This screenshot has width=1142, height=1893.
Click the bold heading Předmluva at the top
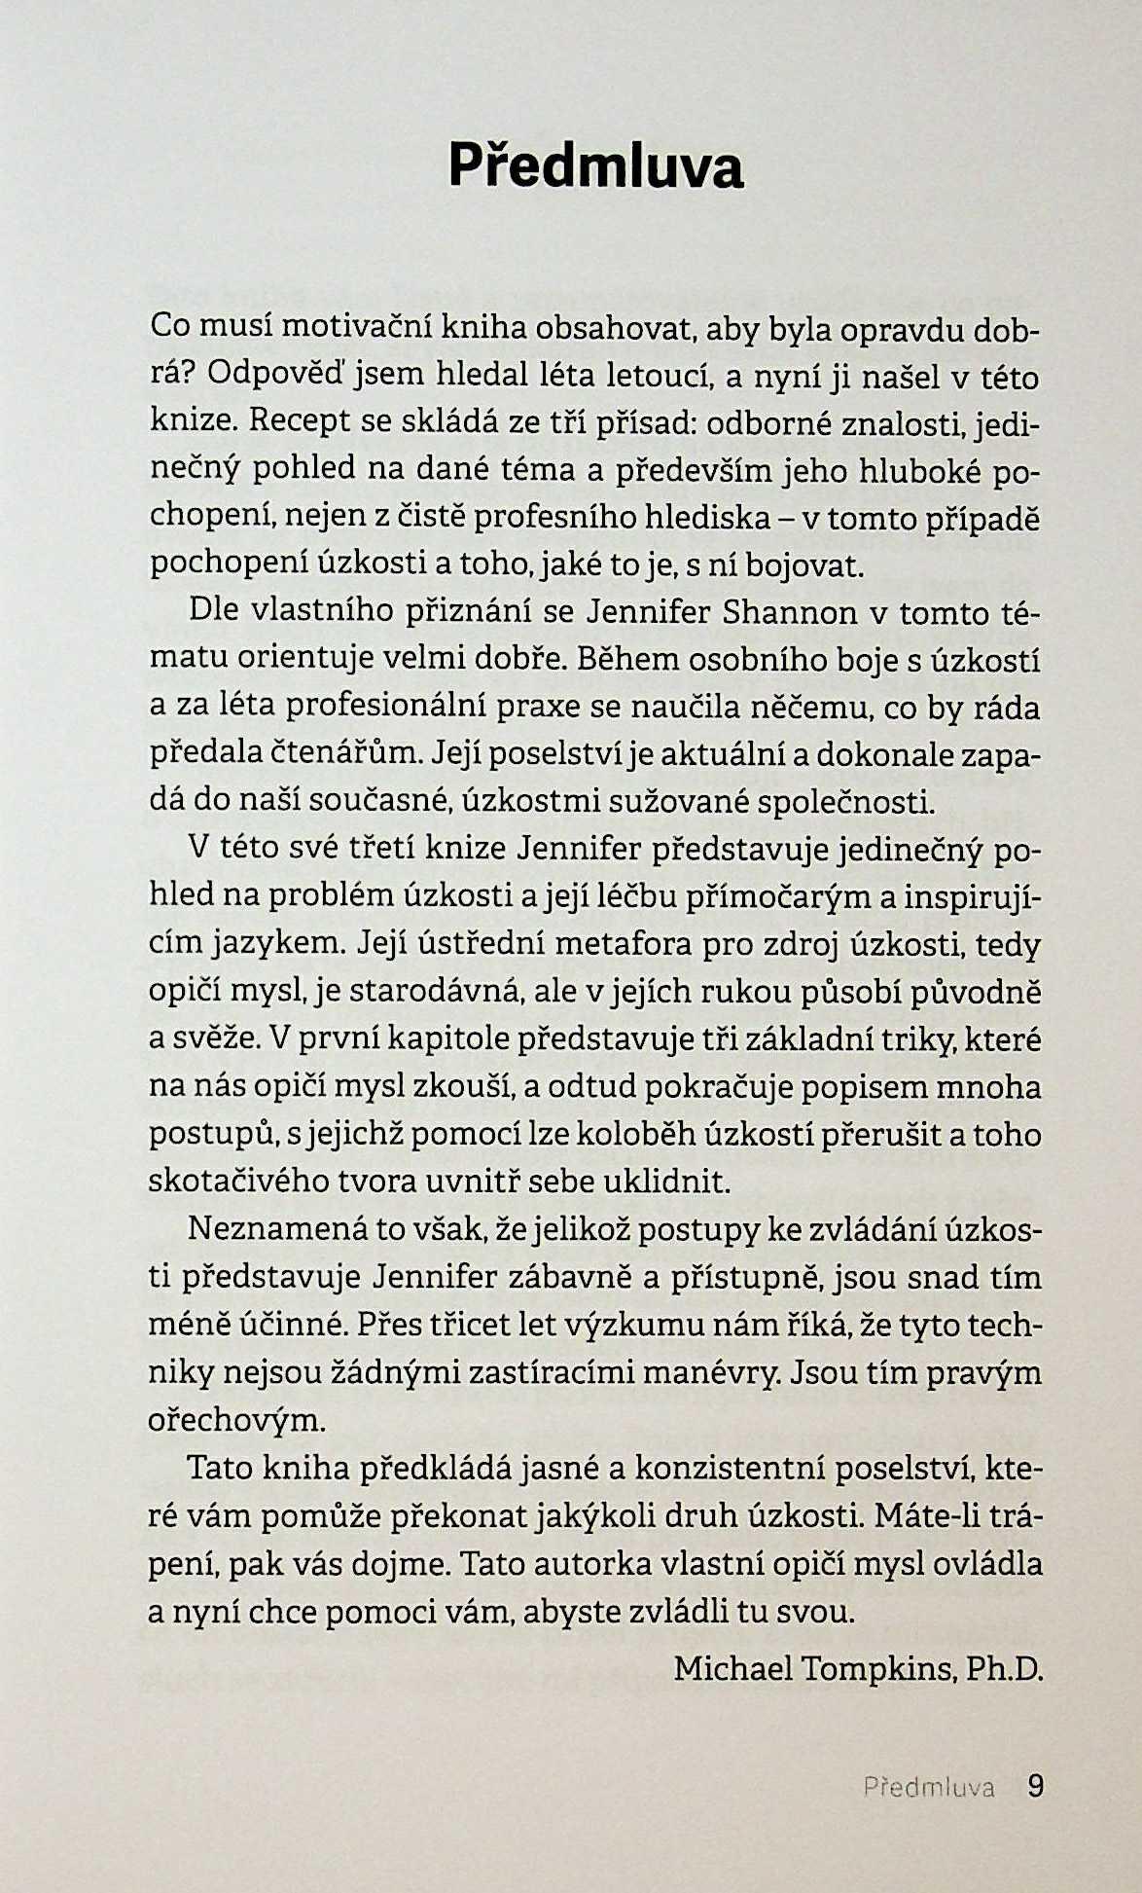[x=595, y=166]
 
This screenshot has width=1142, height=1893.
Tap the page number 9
[x=1035, y=1786]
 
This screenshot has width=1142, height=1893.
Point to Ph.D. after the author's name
[x=1005, y=1669]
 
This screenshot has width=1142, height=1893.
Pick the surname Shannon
[x=792, y=613]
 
